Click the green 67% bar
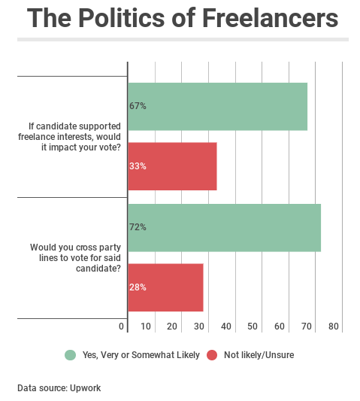coord(217,106)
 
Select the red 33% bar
coord(172,166)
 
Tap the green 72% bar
coord(224,227)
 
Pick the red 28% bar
coord(165,287)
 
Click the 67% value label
coord(138,106)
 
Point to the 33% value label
coord(138,166)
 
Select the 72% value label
coord(138,227)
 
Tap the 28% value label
coord(138,287)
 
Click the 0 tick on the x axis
coord(122,327)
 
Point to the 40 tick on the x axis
coord(226,327)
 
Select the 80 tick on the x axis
coord(334,327)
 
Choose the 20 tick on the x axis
coord(172,327)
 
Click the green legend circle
coord(71,355)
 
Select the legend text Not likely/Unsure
coord(259,355)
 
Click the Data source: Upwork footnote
coord(59,388)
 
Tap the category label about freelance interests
coord(69,136)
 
